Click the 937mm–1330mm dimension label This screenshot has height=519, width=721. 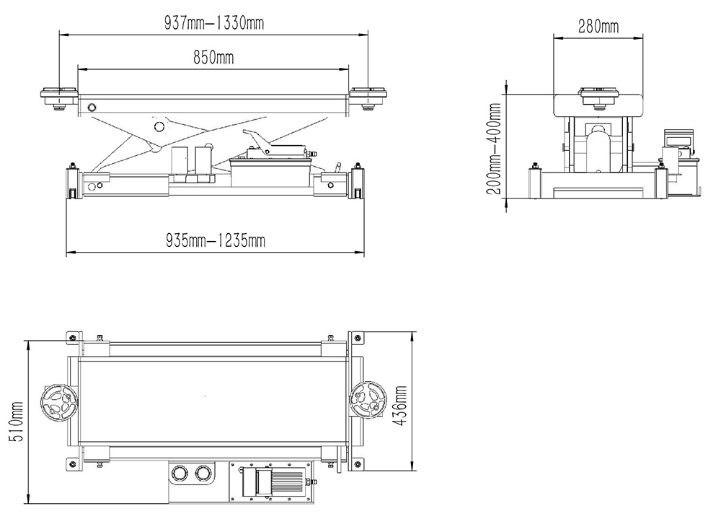coord(213,23)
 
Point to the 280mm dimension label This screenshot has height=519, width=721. coord(598,27)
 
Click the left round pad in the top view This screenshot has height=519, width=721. coord(58,401)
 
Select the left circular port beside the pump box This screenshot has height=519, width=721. coord(177,474)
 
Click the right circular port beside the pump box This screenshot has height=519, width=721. coord(203,474)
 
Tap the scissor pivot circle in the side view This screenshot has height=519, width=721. coord(159,126)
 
